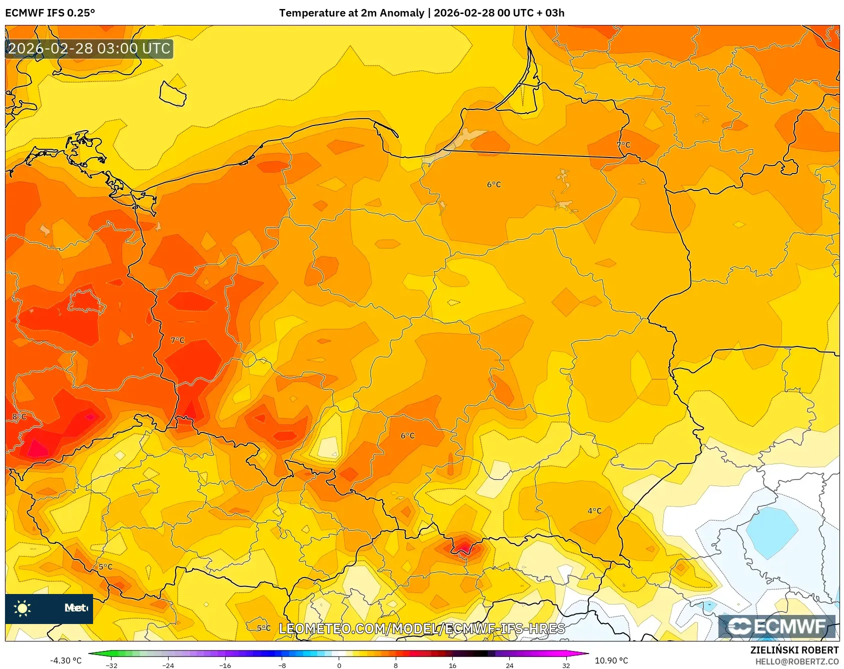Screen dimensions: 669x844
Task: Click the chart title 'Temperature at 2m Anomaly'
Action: pos(351,13)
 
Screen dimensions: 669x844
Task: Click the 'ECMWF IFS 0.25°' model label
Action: pos(50,13)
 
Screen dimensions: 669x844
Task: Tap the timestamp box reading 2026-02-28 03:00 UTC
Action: pos(89,48)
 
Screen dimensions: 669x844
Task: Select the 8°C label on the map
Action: pos(19,417)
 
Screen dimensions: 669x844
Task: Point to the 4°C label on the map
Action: pos(594,511)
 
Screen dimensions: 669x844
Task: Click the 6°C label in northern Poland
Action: pos(494,184)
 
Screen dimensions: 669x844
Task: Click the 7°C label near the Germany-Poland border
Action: pos(178,340)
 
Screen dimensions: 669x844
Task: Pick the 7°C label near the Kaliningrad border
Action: pos(623,145)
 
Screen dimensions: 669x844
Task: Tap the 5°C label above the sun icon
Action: pos(106,567)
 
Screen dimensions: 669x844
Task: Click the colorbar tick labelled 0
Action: pos(339,665)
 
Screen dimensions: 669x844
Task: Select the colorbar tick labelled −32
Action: pos(112,665)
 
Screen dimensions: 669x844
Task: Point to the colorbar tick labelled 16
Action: pos(452,665)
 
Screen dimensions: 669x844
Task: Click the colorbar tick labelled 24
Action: pos(509,665)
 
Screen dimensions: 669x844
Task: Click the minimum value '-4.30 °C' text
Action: pos(66,660)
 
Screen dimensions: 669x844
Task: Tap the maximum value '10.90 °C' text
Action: pos(611,660)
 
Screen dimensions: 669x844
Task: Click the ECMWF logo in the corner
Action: pos(777,626)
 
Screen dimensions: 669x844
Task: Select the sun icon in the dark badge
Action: pos(23,608)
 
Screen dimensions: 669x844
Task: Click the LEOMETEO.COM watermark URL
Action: pos(422,628)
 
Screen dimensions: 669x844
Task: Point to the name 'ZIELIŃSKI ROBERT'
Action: pos(794,650)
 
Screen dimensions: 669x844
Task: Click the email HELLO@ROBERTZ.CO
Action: pos(796,661)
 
